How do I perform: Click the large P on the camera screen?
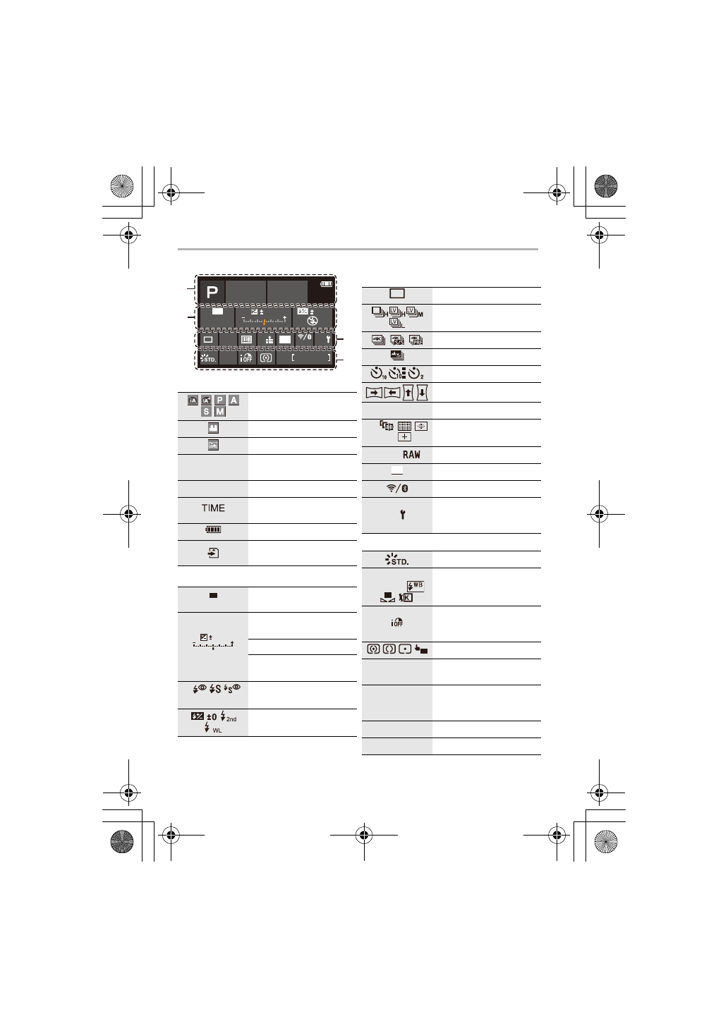coord(212,293)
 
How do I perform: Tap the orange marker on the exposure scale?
coord(264,322)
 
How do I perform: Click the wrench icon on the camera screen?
coord(328,340)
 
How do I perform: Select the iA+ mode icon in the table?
coord(206,400)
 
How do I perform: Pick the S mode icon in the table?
coord(206,412)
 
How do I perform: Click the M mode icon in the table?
coord(220,412)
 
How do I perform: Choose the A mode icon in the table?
coord(234,400)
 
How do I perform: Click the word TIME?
coord(213,508)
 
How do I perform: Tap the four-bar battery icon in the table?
coord(214,530)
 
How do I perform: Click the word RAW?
coord(411,454)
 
